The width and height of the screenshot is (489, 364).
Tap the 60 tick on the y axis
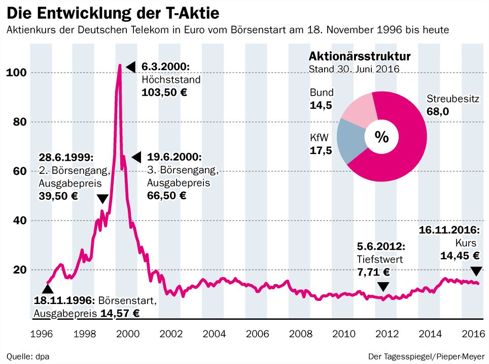pyautogui.click(x=16, y=171)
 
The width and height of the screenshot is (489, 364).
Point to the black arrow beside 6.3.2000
pyautogui.click(x=131, y=67)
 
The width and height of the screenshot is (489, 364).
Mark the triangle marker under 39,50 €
pyautogui.click(x=102, y=198)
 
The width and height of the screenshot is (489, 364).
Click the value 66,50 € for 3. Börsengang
pyautogui.click(x=167, y=195)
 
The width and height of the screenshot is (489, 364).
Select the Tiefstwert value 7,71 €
pyautogui.click(x=373, y=272)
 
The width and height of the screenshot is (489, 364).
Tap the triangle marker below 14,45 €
pyautogui.click(x=476, y=271)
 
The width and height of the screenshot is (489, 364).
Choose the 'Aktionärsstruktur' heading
pyautogui.click(x=360, y=56)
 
